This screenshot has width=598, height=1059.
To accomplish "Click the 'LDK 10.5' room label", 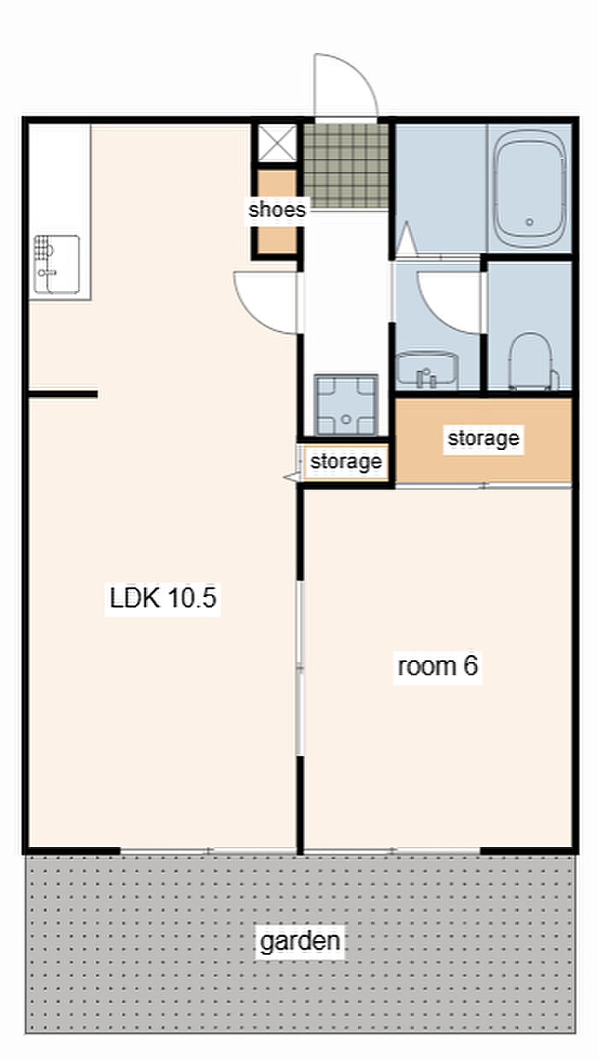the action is (x=163, y=598).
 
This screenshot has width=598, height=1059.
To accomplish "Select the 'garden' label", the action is (x=300, y=940).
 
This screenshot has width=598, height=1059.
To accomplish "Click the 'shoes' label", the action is (x=277, y=209).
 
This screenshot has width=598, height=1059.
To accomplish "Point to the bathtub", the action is (x=530, y=189).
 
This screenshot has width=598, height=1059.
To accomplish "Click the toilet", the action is (x=533, y=361).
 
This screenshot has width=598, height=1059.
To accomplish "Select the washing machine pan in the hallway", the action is (x=347, y=405).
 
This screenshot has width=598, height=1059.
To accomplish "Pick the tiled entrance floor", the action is (x=347, y=167).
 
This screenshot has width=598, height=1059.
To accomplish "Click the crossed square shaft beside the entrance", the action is (x=277, y=143).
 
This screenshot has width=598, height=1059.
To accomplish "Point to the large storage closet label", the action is (x=484, y=438).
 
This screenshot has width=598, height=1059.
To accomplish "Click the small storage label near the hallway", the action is (x=346, y=461).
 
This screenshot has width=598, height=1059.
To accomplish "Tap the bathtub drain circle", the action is (x=530, y=221).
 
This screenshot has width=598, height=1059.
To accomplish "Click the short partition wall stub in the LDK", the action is (x=63, y=395).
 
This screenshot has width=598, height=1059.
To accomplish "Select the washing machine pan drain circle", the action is (x=347, y=418).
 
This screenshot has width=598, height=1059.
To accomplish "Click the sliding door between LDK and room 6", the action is (x=300, y=668).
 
